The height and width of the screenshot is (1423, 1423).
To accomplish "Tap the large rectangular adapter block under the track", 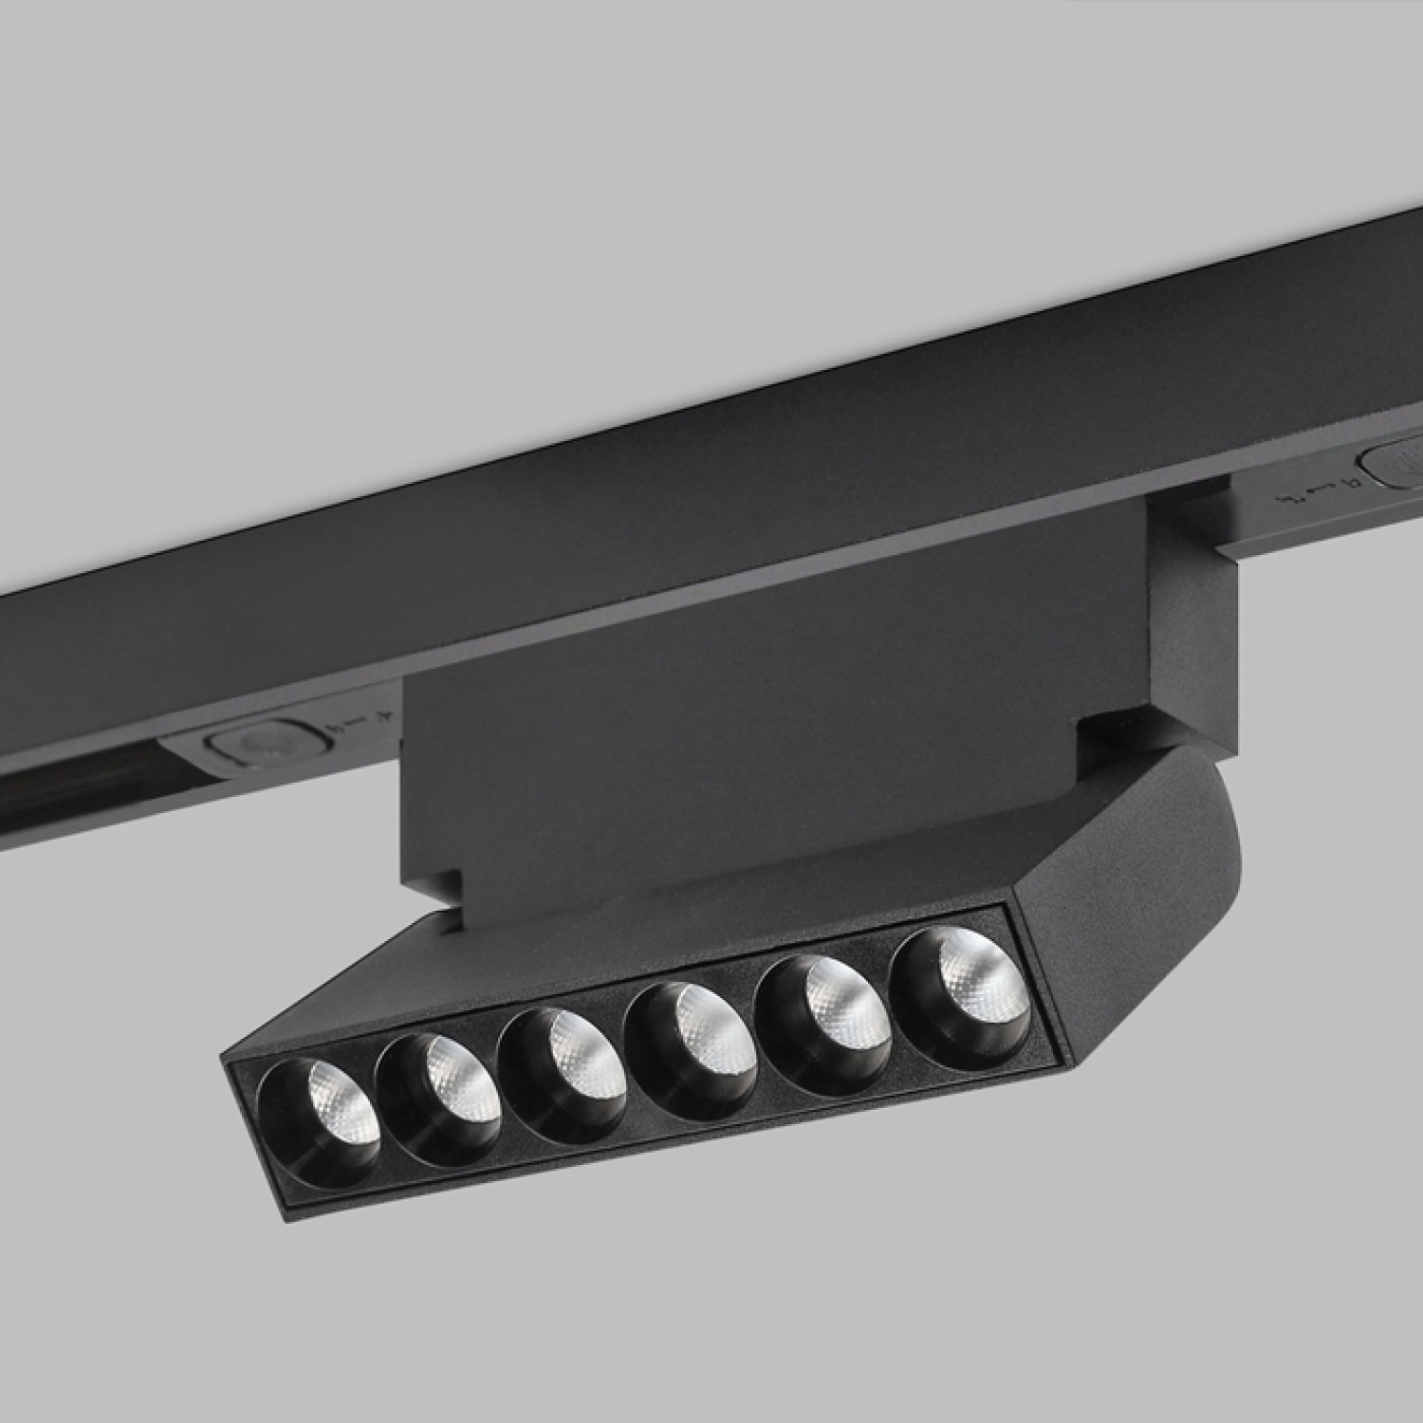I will click(759, 721).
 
